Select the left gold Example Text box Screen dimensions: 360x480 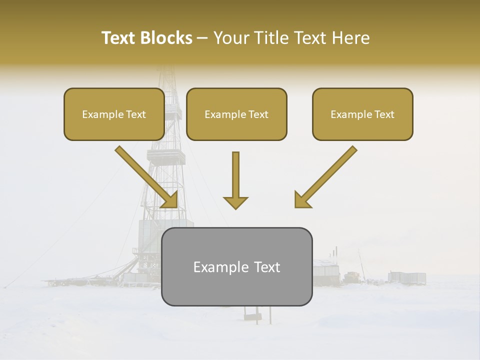click(x=114, y=114)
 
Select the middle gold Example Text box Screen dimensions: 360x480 click(x=236, y=114)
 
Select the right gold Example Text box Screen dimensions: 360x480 click(x=362, y=114)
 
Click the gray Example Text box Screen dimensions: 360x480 click(x=236, y=266)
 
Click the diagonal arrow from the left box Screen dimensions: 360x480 click(x=145, y=175)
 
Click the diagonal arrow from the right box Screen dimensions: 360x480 click(x=327, y=175)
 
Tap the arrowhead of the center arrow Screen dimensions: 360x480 click(x=235, y=202)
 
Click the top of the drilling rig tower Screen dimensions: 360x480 click(x=165, y=75)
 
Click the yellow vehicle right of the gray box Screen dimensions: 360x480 click(x=351, y=276)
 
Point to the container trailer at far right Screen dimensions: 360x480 click(x=407, y=277)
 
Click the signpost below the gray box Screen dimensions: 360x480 click(x=252, y=315)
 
